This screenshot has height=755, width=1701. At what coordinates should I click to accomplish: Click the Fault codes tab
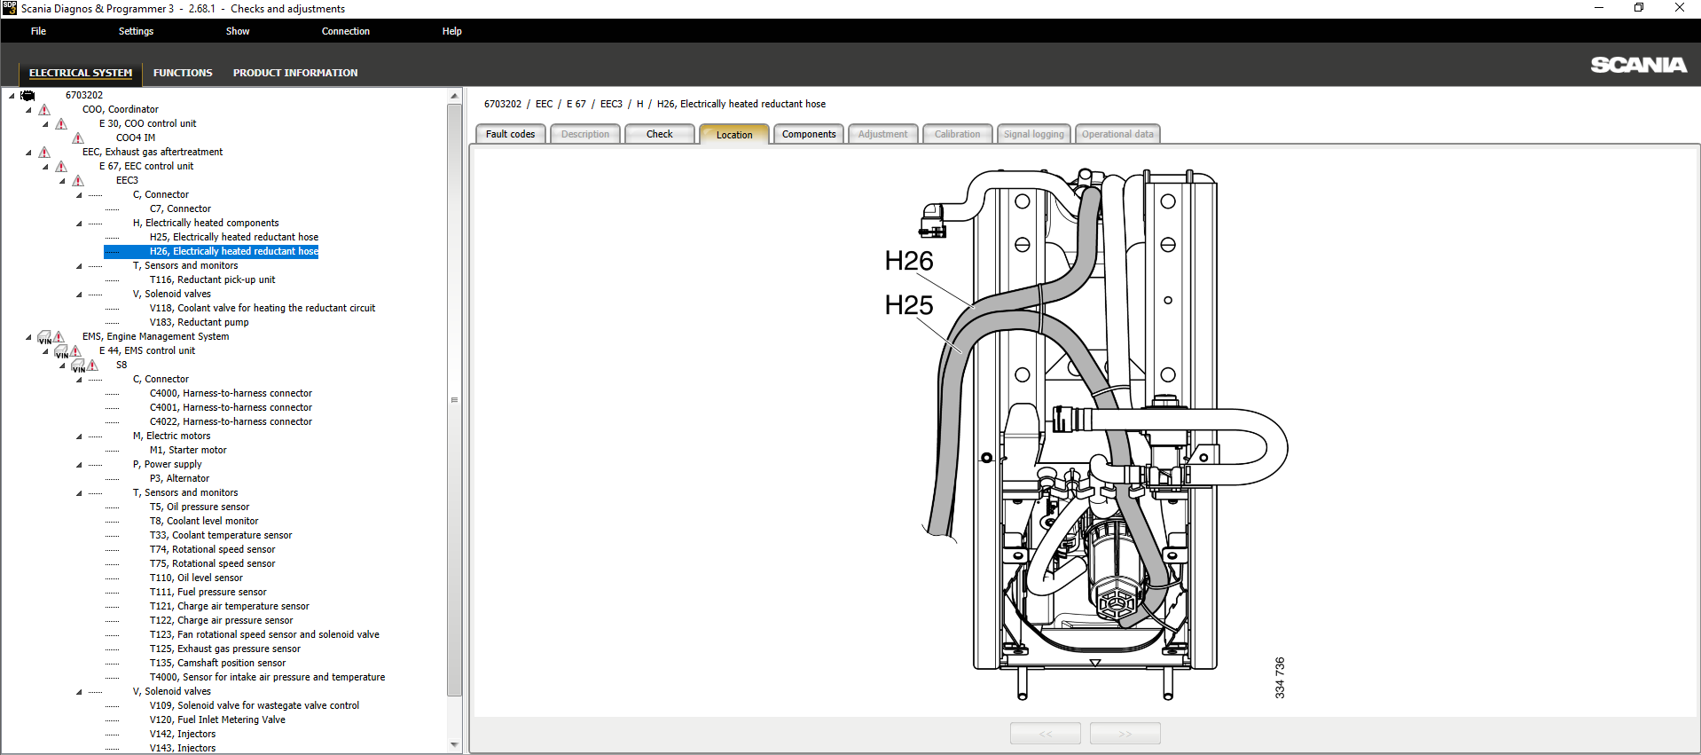pyautogui.click(x=510, y=134)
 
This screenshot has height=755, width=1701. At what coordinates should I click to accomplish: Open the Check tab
pyautogui.click(x=659, y=134)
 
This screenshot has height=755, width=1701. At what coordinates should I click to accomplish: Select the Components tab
pyautogui.click(x=808, y=134)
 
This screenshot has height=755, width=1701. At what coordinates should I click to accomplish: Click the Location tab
pyautogui.click(x=733, y=135)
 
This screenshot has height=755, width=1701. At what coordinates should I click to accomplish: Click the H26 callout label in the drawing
pyautogui.click(x=908, y=261)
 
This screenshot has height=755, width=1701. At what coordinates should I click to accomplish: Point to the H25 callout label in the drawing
pyautogui.click(x=908, y=305)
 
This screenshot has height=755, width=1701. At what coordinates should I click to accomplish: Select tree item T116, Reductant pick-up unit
pyautogui.click(x=212, y=279)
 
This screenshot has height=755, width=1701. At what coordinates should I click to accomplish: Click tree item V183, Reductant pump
pyautogui.click(x=199, y=322)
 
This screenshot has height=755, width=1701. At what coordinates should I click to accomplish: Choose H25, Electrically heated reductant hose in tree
pyautogui.click(x=233, y=237)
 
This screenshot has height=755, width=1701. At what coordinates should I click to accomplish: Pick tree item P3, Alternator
pyautogui.click(x=179, y=478)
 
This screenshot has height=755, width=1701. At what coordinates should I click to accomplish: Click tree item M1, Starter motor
pyautogui.click(x=188, y=450)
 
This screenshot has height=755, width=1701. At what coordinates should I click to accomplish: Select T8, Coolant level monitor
pyautogui.click(x=204, y=521)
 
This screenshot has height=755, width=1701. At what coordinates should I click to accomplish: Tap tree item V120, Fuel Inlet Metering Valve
pyautogui.click(x=217, y=720)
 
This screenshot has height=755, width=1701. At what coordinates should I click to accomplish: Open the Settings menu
pyautogui.click(x=136, y=31)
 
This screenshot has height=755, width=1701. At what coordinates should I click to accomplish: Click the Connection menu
pyautogui.click(x=345, y=31)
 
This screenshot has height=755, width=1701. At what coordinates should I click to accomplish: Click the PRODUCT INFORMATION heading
pyautogui.click(x=295, y=73)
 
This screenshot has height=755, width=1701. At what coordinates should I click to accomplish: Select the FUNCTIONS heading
pyautogui.click(x=183, y=73)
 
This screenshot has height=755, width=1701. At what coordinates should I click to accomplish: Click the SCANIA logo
pyautogui.click(x=1637, y=65)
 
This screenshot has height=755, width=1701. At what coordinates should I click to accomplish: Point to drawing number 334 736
pyautogui.click(x=1279, y=678)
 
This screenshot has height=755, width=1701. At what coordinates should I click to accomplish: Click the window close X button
pyautogui.click(x=1679, y=8)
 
